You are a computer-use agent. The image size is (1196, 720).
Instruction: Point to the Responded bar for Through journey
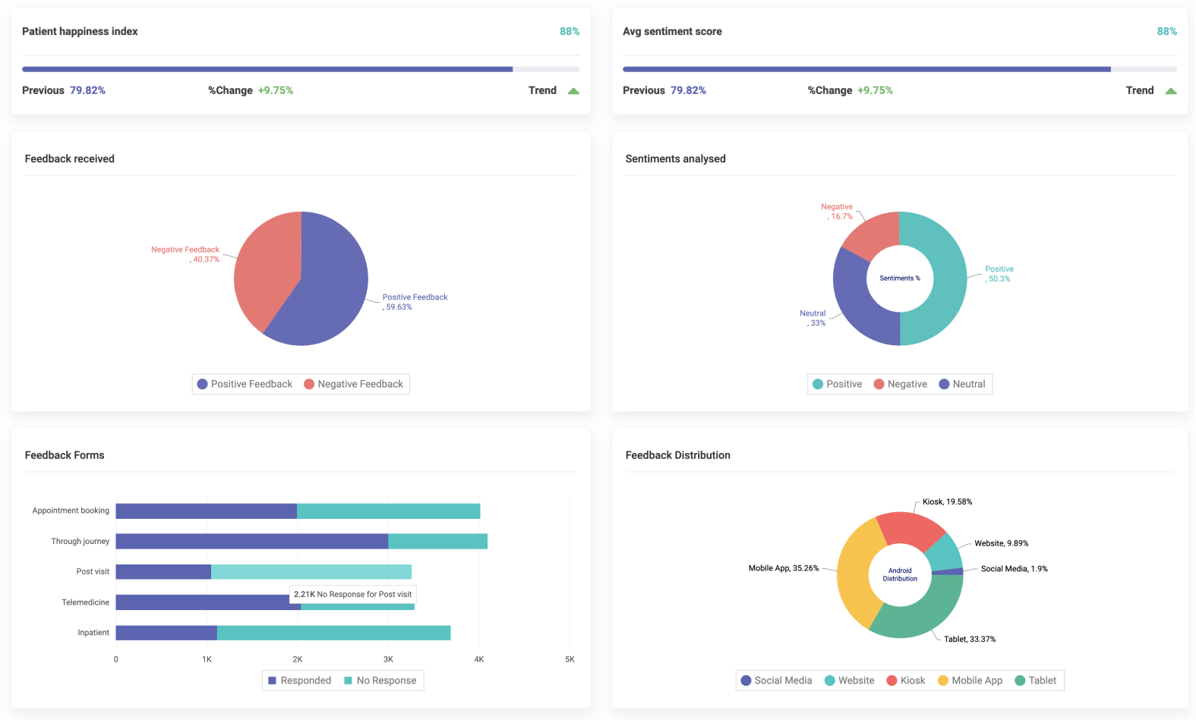(251, 541)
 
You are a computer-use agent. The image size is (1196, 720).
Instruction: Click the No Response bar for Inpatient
(333, 633)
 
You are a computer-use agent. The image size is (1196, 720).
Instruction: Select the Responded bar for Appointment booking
(206, 511)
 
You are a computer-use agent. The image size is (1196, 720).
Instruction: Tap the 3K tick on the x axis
(388, 659)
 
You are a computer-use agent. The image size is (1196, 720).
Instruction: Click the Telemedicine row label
(85, 602)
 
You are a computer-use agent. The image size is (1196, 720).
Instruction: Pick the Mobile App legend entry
(970, 681)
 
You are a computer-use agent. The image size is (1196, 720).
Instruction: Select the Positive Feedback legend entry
(245, 384)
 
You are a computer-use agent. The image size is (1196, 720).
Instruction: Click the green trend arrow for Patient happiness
(573, 91)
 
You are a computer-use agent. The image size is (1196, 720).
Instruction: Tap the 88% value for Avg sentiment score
(1166, 31)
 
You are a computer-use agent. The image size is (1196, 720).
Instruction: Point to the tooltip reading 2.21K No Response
(352, 594)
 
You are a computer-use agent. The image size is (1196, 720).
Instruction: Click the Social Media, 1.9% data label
(1014, 568)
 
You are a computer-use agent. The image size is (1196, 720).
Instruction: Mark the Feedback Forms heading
(65, 455)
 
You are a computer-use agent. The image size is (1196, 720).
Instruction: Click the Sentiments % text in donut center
(900, 278)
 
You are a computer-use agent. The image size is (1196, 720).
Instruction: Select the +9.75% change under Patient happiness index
(275, 90)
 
